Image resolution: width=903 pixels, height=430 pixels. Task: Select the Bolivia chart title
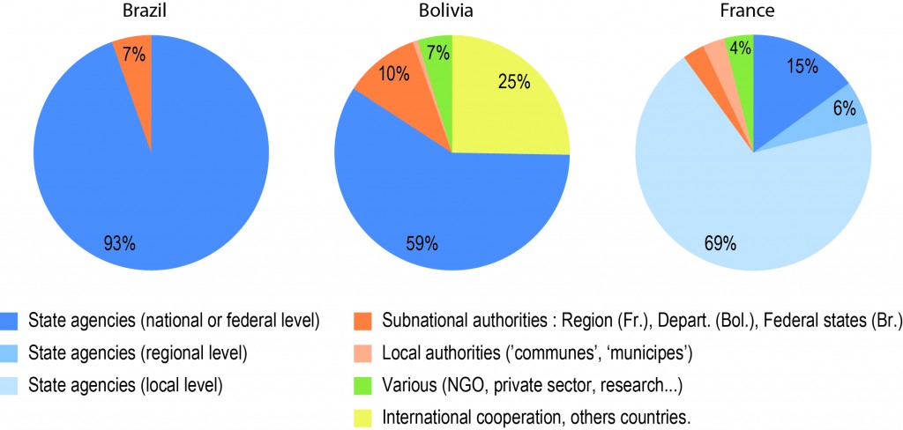click(451, 12)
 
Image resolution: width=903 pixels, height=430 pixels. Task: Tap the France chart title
click(752, 12)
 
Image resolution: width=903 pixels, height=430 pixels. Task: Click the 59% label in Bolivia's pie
click(418, 242)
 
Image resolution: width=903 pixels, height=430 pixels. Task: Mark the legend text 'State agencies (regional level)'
click(138, 352)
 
